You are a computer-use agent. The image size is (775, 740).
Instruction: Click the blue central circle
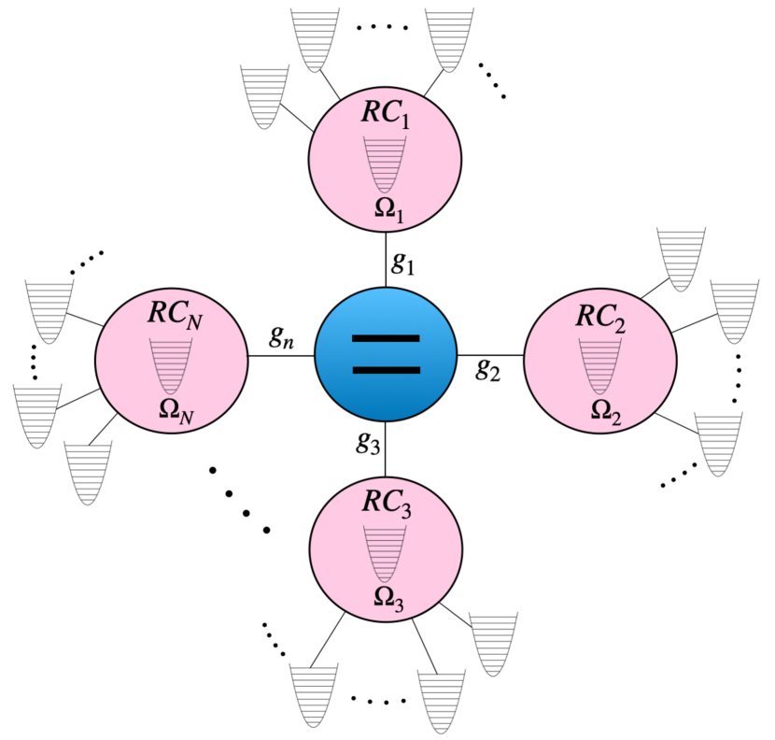pos(385,356)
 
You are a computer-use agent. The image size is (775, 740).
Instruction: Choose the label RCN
pos(175,315)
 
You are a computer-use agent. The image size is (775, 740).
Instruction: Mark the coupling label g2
pos(487,371)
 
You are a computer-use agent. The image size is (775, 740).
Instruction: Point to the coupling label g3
pos(368,443)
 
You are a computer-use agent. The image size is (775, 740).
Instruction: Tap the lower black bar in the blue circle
pos(385,371)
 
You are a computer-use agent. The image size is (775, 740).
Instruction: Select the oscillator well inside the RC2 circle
pos(599,364)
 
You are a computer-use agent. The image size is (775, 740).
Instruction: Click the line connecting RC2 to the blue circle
pos(489,356)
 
